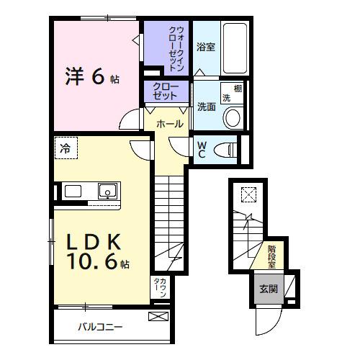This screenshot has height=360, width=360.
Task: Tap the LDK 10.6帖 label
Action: click(x=98, y=252)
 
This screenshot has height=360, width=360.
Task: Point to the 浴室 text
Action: click(x=205, y=48)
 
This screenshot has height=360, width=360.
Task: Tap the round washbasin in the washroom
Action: click(x=233, y=117)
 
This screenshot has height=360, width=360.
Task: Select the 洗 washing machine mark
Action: click(x=225, y=97)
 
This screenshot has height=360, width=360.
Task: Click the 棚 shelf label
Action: click(x=238, y=89)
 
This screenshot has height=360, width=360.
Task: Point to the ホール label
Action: click(x=168, y=124)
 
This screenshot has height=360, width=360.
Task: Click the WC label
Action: click(x=202, y=149)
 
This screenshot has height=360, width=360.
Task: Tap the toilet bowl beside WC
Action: click(x=227, y=149)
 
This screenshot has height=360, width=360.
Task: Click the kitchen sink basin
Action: click(x=107, y=191)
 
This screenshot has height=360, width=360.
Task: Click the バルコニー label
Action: click(x=101, y=327)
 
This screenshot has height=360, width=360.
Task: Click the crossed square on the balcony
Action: click(x=157, y=316)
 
